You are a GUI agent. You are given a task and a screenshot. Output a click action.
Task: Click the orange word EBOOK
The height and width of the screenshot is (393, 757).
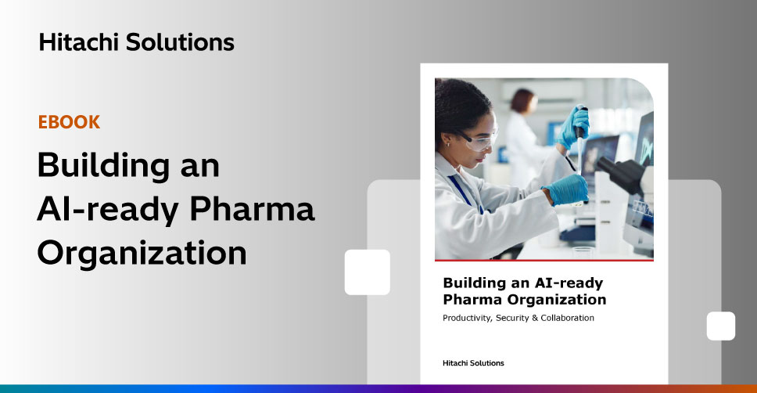point(69,122)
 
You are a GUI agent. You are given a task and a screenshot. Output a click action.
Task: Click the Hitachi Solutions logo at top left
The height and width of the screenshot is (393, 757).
point(137,42)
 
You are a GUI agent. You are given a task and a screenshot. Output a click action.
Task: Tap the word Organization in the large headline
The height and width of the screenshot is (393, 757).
point(142,254)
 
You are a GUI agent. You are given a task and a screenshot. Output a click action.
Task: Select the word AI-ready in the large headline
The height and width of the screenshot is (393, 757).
point(108,210)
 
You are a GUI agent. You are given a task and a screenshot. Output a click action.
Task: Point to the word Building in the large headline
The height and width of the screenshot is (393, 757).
point(103,166)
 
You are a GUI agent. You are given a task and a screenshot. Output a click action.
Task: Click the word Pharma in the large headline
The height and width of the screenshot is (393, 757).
point(252,208)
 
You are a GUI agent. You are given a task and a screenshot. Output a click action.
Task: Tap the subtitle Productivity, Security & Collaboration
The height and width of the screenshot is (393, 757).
point(518,318)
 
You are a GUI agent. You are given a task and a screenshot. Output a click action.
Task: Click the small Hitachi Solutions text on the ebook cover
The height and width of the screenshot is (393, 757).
point(473,363)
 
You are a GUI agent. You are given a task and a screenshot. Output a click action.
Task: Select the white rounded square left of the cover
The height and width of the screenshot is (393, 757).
point(368,272)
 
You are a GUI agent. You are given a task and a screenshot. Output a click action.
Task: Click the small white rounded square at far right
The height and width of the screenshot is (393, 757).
point(721,326)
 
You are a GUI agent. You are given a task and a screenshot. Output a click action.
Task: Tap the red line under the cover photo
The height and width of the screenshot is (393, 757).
point(544,260)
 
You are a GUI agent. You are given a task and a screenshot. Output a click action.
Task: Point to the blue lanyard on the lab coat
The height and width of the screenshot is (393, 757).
point(466,194)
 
